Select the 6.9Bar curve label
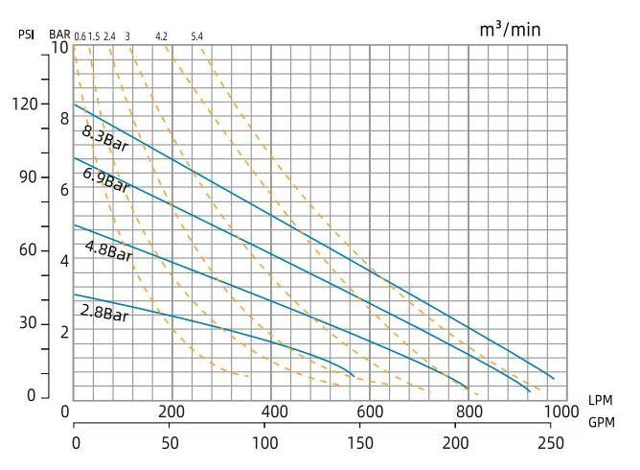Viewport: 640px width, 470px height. pos(105,179)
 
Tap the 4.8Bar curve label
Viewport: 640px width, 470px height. pos(107,251)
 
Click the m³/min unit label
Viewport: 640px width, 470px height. pos(510,29)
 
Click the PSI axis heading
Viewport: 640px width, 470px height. pos(26,35)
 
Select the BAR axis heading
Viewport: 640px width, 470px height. pos(59,35)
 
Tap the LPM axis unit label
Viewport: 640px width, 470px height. pos(602,399)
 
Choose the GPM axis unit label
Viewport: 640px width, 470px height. pos(602,421)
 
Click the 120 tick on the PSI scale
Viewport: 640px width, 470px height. pos(26,103)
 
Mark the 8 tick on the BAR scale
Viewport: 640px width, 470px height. pos(65,118)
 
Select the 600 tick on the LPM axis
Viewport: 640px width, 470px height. pos(370,411)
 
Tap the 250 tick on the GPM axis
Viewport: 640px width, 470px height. pos(552,443)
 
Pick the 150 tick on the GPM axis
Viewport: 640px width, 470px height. pos(360,443)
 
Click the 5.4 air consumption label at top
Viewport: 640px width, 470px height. pos(196,36)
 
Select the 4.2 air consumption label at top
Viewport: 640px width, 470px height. pos(161,36)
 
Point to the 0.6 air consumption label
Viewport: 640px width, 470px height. pos(80,36)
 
